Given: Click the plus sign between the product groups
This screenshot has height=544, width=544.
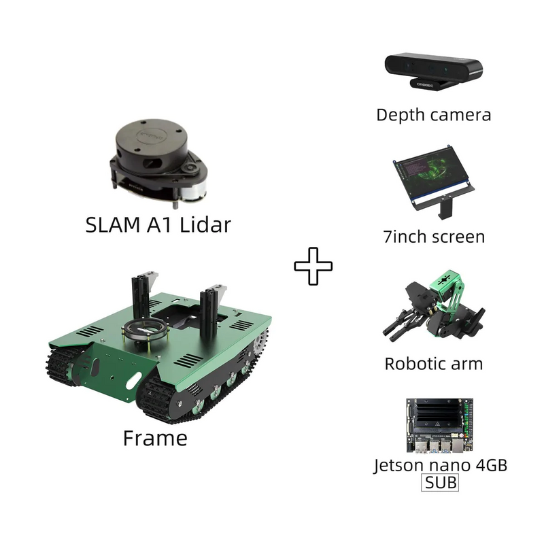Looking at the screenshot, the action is click(313, 266).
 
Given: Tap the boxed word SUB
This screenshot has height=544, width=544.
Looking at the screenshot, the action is click(440, 482).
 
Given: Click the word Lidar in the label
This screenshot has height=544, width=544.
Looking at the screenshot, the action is click(205, 225).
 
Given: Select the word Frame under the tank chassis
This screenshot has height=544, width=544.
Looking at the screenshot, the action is click(155, 438).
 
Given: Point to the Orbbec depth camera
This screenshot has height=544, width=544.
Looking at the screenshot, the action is click(434, 71).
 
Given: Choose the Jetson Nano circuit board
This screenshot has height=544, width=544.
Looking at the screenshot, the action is click(440, 426).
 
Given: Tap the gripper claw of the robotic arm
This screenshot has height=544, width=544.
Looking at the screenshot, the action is click(399, 324).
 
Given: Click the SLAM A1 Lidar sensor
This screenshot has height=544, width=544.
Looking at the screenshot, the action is click(158, 163).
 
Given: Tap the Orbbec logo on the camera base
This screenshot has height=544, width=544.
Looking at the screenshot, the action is click(424, 85).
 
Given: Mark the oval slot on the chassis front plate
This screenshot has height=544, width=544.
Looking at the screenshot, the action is click(134, 381).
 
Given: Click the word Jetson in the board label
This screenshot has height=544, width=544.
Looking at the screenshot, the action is click(399, 466).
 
